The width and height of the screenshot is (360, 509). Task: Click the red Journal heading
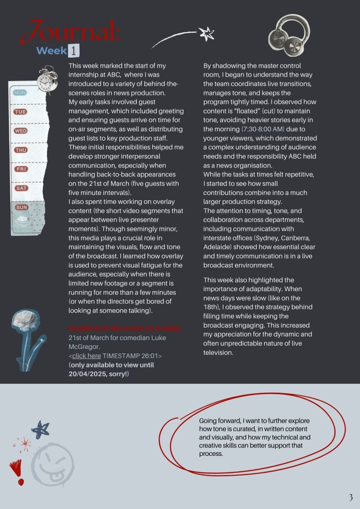tap(75, 32)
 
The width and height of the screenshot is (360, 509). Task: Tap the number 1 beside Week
tap(74, 50)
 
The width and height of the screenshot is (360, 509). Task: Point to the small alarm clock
tap(48, 80)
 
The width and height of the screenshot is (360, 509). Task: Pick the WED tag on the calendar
tap(21, 131)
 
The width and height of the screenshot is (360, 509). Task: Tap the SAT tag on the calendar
tap(21, 188)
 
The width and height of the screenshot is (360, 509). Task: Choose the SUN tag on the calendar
tap(21, 207)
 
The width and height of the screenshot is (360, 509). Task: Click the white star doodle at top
tap(205, 34)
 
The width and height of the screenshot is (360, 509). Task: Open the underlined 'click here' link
tap(87, 356)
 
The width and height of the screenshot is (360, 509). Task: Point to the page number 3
tap(350, 498)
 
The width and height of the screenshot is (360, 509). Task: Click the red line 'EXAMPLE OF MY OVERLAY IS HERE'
tap(125, 329)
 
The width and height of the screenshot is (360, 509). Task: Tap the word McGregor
tap(84, 347)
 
